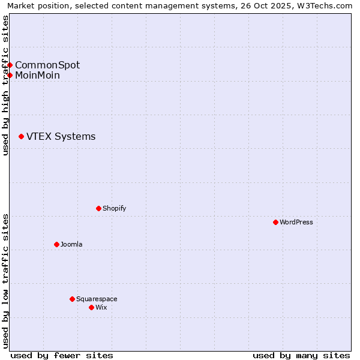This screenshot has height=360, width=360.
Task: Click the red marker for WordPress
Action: pos(275,222)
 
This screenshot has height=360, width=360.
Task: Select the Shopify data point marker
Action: pos(98,208)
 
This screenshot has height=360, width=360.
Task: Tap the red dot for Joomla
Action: pos(56,244)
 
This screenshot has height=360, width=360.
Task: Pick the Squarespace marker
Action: pos(72,299)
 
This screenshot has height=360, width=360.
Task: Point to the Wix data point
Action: pos(91,307)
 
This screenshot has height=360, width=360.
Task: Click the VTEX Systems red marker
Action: pos(21,137)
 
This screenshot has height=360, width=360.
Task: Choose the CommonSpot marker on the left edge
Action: pos(10,65)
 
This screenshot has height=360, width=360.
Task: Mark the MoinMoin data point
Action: pos(10,75)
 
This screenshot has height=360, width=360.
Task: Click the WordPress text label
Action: pos(296,222)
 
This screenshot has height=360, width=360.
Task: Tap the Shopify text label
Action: pos(114,208)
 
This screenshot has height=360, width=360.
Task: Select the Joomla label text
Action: pos(71,244)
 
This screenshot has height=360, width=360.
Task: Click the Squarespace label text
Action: pos(97,299)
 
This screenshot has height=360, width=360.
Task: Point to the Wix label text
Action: pos(101,307)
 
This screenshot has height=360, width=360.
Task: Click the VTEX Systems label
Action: pos(61,137)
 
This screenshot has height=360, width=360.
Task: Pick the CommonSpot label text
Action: pos(47,65)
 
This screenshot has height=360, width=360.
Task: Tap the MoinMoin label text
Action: pos(37,75)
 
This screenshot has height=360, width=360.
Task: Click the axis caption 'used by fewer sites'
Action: pos(62,355)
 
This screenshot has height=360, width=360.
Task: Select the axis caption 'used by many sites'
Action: pos(301,355)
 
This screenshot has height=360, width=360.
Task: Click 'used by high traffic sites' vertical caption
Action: pos(5,85)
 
